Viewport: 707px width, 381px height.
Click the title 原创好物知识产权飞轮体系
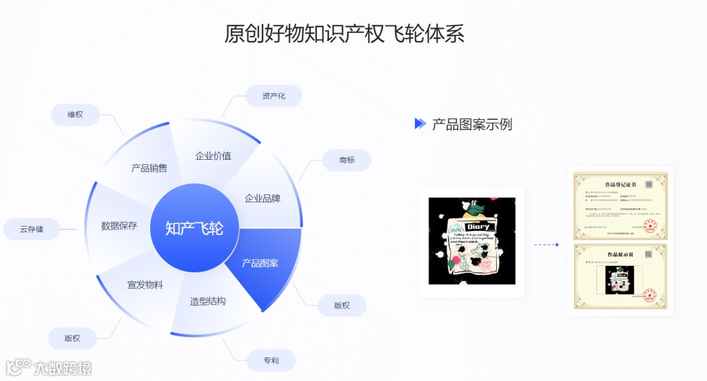point(344,34)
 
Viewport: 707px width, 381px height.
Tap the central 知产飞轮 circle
point(194,228)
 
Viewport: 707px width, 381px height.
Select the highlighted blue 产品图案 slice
point(261,263)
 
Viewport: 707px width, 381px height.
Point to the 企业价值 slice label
point(213,156)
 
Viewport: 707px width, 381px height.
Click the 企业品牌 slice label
point(263,198)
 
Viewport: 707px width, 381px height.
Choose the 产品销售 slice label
point(149,168)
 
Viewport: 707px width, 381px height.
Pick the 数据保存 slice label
point(119,226)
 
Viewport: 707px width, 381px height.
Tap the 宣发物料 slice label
point(145,285)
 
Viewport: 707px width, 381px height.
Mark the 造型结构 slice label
point(208,301)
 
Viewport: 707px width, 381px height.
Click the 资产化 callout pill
point(274,96)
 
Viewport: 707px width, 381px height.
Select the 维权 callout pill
point(75,115)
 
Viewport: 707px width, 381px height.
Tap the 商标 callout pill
point(347,160)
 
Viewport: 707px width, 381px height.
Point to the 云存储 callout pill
point(31,229)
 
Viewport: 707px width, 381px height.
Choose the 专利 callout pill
point(271,360)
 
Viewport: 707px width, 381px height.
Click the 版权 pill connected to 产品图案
point(342,305)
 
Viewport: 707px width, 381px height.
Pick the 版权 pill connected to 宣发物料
point(72,338)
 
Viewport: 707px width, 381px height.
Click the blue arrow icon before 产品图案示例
point(420,124)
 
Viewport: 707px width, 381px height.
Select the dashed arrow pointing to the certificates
point(546,245)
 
